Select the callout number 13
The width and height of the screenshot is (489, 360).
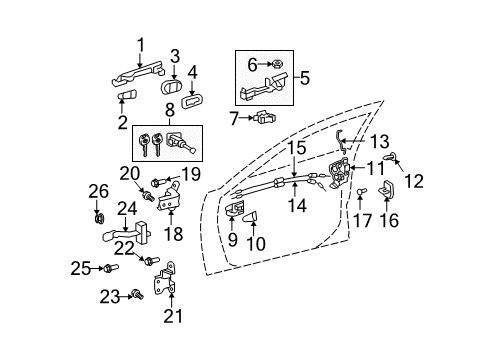point(379,141)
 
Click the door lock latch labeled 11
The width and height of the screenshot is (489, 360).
point(340,173)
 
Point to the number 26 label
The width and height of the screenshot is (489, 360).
point(98,192)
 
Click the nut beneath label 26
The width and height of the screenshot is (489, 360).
point(99,218)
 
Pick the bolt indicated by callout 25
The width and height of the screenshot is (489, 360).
point(111,268)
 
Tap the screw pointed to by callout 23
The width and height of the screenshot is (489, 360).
point(137,294)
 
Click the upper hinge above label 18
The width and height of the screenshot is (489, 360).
point(169,197)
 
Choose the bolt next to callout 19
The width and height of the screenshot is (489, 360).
point(158,182)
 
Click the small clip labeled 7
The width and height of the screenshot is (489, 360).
point(265,117)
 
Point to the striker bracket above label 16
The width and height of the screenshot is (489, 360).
point(386,189)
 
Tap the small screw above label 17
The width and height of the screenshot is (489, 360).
point(361,191)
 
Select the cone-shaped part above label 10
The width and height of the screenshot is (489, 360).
point(251,217)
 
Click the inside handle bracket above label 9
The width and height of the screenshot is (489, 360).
point(235,209)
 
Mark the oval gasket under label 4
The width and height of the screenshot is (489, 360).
point(192,101)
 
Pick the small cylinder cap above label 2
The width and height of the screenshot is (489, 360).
point(127,95)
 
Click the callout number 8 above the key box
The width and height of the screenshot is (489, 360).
point(170,110)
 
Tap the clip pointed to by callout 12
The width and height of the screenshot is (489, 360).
point(390,156)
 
